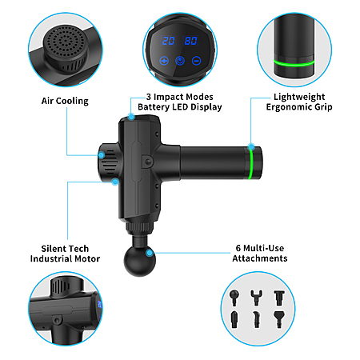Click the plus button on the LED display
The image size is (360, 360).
click(x=164, y=61)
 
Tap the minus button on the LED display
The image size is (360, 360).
click(x=196, y=61)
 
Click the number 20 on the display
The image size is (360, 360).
click(x=168, y=41)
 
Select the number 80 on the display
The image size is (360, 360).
click(x=190, y=41)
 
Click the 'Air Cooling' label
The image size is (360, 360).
click(x=65, y=101)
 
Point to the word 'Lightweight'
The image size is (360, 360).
click(x=299, y=97)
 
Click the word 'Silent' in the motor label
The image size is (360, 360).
click(x=54, y=249)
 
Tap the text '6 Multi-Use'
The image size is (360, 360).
click(x=260, y=248)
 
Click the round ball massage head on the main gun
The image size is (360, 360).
click(x=139, y=261)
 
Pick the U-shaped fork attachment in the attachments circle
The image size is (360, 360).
click(x=256, y=297)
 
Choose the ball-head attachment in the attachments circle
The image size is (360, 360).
click(x=234, y=298)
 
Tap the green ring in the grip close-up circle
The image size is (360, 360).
click(x=294, y=63)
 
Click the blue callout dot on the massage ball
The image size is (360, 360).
click(x=150, y=253)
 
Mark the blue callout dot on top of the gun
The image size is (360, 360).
click(x=131, y=117)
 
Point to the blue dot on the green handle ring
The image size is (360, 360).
click(x=251, y=146)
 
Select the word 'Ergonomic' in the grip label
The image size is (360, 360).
click(x=289, y=107)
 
